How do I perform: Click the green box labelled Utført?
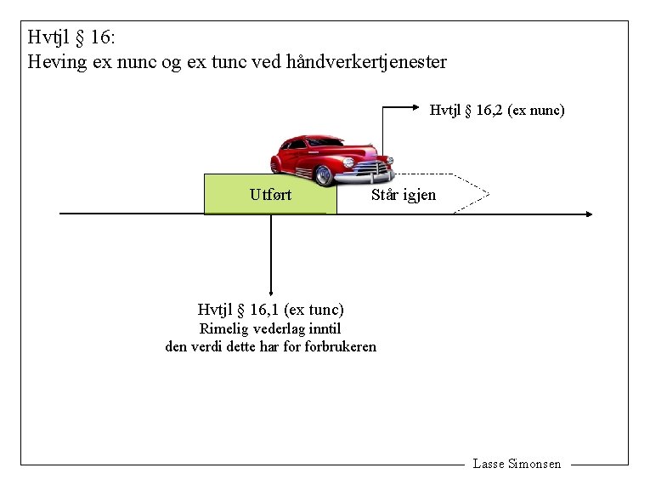tap(270, 194)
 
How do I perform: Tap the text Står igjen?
tap(404, 195)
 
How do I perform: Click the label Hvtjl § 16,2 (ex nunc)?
tap(497, 110)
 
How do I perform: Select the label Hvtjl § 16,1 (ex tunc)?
tap(270, 310)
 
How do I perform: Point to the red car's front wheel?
tap(324, 174)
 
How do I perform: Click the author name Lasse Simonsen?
tap(517, 464)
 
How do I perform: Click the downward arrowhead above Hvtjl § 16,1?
tap(270, 292)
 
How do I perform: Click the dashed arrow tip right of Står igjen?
tap(485, 195)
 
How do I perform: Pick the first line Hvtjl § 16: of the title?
tap(77, 37)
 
